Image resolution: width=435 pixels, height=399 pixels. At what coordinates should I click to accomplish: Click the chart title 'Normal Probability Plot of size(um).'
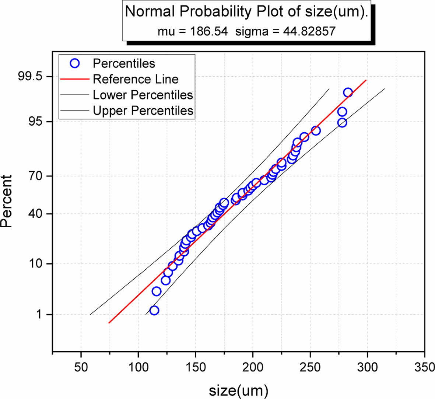tap(246, 11)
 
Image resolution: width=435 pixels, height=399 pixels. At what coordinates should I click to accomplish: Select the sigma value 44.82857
tap(309, 31)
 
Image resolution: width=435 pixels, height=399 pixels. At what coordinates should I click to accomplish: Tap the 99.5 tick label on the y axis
tap(30, 77)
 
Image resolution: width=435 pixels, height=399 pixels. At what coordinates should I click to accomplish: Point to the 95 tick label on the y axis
tap(36, 122)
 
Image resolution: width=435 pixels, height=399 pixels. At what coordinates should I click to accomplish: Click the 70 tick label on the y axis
tap(36, 176)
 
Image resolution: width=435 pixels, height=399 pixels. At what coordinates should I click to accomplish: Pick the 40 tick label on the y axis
tap(36, 214)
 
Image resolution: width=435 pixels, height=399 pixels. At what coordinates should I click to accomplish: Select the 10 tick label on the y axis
tap(36, 264)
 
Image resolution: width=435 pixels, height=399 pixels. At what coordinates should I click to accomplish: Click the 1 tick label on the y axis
tap(39, 315)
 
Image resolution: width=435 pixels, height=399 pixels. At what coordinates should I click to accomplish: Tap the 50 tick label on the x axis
tap(81, 367)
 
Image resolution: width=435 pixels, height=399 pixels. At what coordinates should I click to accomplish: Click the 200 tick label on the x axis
tap(253, 367)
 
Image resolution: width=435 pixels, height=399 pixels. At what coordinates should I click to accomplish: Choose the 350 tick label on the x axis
tap(424, 367)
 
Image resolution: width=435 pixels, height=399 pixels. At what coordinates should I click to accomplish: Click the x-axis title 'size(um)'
tap(238, 390)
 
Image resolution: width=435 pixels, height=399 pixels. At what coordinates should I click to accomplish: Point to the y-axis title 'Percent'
tap(7, 201)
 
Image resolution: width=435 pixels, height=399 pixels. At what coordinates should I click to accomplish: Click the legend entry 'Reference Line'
tap(136, 79)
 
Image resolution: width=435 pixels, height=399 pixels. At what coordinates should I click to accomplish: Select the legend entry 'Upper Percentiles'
tap(143, 111)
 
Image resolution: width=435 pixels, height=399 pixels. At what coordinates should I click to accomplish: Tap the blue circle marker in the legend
tap(75, 63)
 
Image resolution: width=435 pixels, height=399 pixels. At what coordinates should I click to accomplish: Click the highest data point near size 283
tap(348, 93)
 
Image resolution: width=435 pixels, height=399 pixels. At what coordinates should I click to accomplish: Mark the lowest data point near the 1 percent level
tap(154, 311)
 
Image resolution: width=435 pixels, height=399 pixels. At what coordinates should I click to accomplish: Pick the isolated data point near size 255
tap(316, 131)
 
